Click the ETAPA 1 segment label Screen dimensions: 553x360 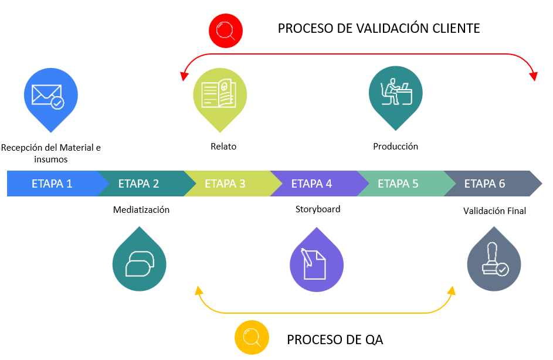(52, 184)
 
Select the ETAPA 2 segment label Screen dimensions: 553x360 (138, 184)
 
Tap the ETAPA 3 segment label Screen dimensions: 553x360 (225, 184)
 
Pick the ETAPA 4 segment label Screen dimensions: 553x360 (311, 184)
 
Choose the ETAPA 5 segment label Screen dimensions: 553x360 (398, 184)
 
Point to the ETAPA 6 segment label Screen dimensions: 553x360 (484, 184)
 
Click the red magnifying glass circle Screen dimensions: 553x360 (226, 30)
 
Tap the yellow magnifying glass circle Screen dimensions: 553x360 (252, 338)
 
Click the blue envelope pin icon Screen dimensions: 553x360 (51, 99)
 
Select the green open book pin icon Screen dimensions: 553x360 (220, 99)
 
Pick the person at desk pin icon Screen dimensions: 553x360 (395, 97)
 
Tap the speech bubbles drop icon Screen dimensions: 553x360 (140, 260)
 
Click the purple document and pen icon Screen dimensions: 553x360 (316, 261)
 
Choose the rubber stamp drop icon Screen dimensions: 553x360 (494, 260)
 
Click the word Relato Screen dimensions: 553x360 (223, 147)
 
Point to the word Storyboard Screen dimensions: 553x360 (318, 209)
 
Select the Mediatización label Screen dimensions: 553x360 (141, 210)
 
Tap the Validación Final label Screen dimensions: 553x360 (494, 211)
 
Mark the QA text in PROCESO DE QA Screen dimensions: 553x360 (374, 339)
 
